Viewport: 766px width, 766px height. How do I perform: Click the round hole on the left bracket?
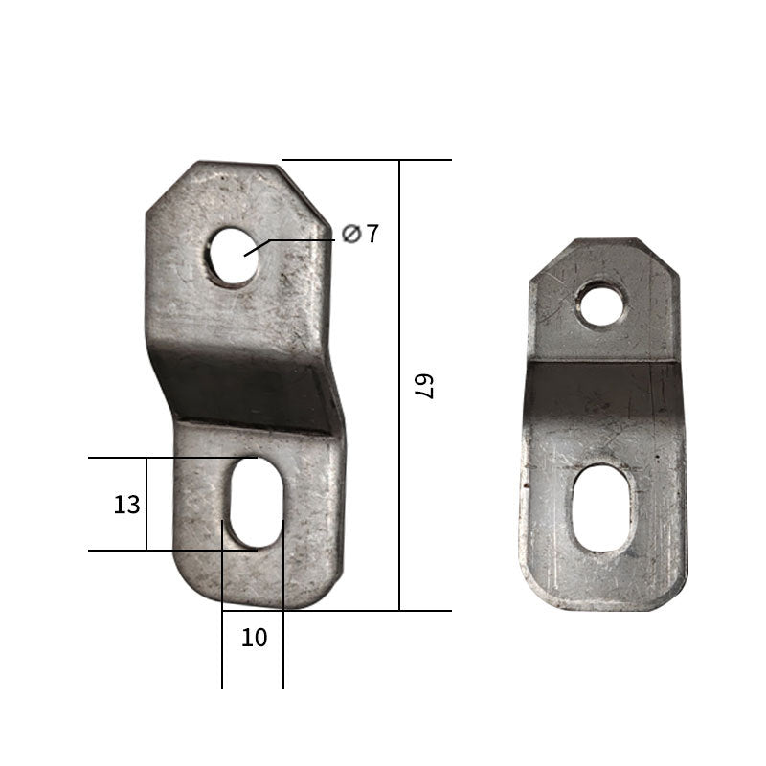pyautogui.click(x=234, y=255)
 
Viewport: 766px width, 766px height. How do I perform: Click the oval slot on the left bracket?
pyautogui.click(x=256, y=503)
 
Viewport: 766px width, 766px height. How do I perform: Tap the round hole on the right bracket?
pyautogui.click(x=601, y=304)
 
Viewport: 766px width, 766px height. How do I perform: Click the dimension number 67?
pyautogui.click(x=423, y=385)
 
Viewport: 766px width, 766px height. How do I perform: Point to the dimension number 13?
pyautogui.click(x=126, y=505)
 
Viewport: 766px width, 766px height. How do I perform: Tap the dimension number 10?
pyautogui.click(x=254, y=638)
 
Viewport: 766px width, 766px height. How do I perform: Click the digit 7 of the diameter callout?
pyautogui.click(x=372, y=233)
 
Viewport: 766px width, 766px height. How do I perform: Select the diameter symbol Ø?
pyautogui.click(x=350, y=233)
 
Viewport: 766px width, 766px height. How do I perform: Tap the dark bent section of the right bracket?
pyautogui.click(x=603, y=402)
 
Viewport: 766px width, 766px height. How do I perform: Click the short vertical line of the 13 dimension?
pyautogui.click(x=146, y=504)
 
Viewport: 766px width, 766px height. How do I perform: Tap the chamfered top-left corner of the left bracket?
pyautogui.click(x=168, y=187)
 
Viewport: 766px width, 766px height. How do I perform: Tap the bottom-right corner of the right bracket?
pyautogui.click(x=677, y=598)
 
